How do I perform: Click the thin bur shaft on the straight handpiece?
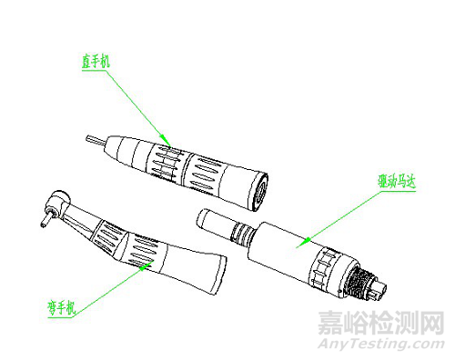click(94, 142)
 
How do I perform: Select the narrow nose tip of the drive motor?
click(211, 220)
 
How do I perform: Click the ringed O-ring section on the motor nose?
click(242, 231)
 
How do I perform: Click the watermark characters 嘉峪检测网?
click(379, 323)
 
